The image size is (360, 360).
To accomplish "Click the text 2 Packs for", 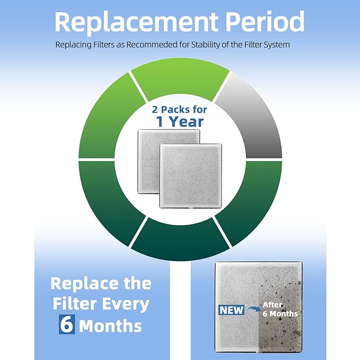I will pyautogui.click(x=180, y=110).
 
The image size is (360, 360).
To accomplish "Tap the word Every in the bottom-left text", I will pyautogui.click(x=125, y=304).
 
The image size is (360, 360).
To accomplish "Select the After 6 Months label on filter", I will pyautogui.click(x=280, y=310).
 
